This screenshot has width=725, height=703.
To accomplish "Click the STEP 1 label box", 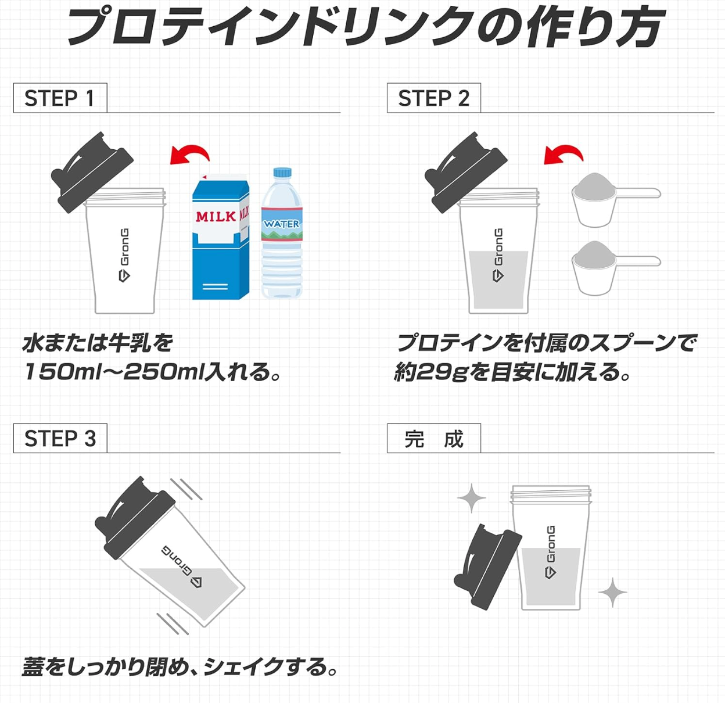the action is coord(60,98).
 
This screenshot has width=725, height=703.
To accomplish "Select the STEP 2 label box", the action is coord(433,98).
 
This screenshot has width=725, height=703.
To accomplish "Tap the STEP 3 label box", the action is coord(60,438).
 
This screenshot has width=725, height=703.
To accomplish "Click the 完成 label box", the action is coord(433,438).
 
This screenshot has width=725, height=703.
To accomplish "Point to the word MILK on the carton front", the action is coord(216,217).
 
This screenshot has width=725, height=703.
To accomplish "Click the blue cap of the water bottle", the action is coord(282,172).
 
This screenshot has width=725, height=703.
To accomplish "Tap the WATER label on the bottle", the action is coord(282,224).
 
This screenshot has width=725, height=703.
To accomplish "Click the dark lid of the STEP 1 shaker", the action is coord(92,172).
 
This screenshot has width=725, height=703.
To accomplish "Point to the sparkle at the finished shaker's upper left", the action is coord(471,498).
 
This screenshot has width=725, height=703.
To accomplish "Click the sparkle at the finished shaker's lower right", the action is coord(612,593).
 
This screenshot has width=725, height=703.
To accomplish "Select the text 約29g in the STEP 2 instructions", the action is coord(430,372).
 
